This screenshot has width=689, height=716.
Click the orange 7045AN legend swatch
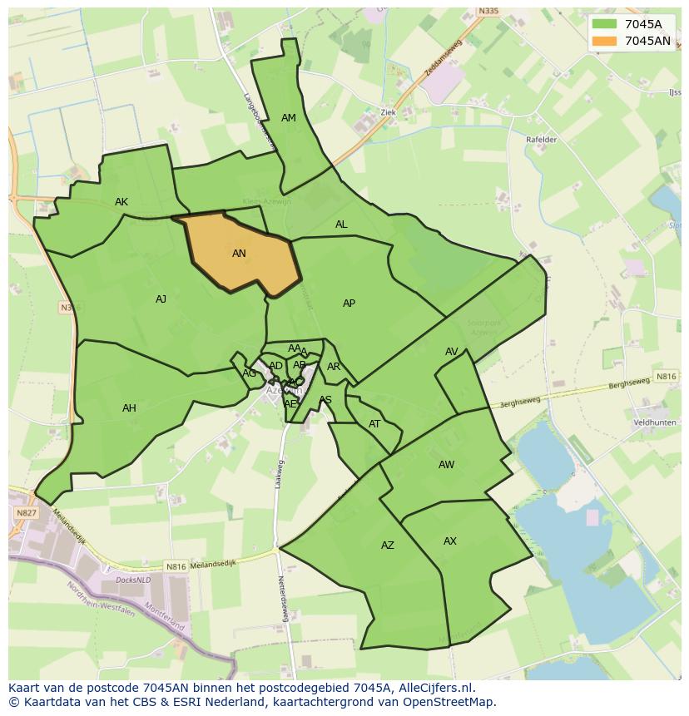[x=605, y=41]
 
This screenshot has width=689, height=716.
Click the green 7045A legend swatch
[x=605, y=24]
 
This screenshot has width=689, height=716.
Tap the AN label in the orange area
[x=239, y=254]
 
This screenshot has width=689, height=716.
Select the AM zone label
[x=289, y=118]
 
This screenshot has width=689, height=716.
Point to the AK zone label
[x=121, y=202]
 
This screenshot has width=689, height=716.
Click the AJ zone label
[x=161, y=299]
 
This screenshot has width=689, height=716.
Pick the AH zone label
[x=129, y=408]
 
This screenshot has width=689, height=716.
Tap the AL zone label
[x=341, y=225]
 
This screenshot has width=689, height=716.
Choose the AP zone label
[x=349, y=304]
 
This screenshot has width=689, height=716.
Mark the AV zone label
[x=451, y=352]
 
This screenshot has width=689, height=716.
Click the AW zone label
[x=446, y=465]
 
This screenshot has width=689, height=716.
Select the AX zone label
[x=449, y=541]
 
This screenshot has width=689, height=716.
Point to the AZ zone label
[x=388, y=546]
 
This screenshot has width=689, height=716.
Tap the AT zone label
[x=374, y=424]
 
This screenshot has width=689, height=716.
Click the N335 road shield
[x=488, y=12]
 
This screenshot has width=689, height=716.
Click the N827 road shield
[x=26, y=514]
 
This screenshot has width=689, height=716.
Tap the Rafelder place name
[x=541, y=140]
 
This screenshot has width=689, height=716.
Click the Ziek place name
[x=387, y=111]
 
